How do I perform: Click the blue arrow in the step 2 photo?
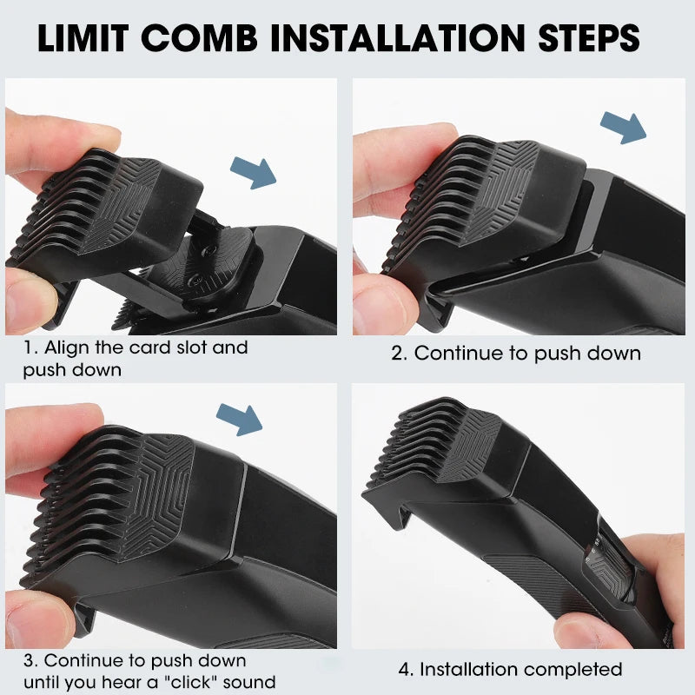coord(624,127)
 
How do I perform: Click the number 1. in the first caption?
coord(30,347)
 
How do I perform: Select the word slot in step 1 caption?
coord(202,347)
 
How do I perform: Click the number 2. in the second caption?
coord(399,354)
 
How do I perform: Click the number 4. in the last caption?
coord(406,670)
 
